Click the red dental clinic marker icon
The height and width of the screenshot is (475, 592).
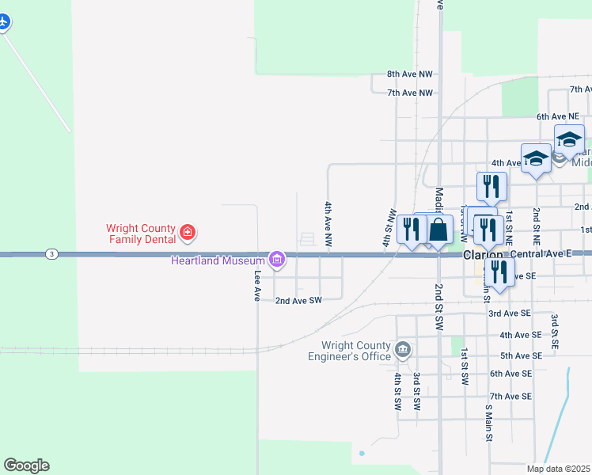(188, 233)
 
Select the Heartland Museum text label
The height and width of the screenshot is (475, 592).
(218, 260)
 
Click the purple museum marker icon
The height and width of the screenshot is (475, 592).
(276, 259)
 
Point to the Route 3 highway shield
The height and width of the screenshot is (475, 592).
(51, 254)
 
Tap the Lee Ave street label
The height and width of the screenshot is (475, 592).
(256, 286)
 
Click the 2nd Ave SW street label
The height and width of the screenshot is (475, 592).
(298, 301)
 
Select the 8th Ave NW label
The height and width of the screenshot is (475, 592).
(410, 74)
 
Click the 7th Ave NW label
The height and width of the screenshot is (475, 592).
(410, 93)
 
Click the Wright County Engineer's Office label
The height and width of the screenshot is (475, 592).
(355, 351)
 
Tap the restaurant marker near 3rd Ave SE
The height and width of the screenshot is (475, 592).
(499, 272)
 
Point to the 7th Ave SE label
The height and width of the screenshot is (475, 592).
(510, 396)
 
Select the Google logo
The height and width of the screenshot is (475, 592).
(26, 465)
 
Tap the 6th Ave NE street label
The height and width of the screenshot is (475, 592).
(558, 116)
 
